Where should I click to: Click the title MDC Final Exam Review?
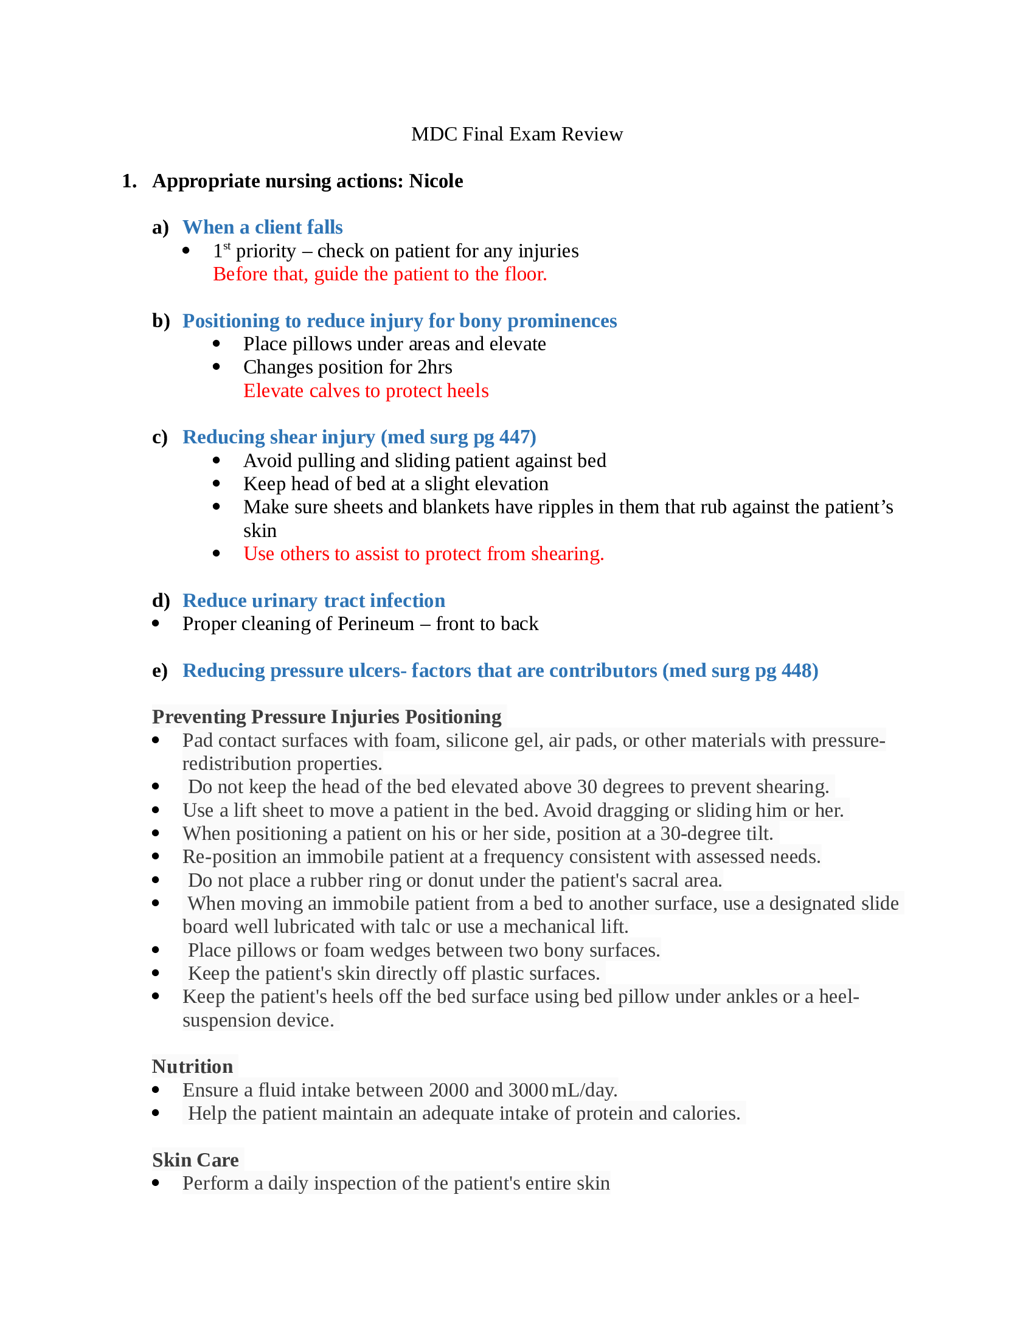[516, 134]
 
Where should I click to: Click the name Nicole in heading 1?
[435, 181]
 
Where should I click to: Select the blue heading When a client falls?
[262, 227]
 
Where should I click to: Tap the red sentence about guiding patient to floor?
[380, 274]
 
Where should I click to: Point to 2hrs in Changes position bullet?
[434, 367]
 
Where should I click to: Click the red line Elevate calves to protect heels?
[366, 390]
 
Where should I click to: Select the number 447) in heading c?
[518, 437]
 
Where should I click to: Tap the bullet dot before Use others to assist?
[217, 553]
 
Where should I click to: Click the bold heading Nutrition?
[192, 1067]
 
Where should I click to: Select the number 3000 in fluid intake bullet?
[528, 1090]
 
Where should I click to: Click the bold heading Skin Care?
[195, 1160]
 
